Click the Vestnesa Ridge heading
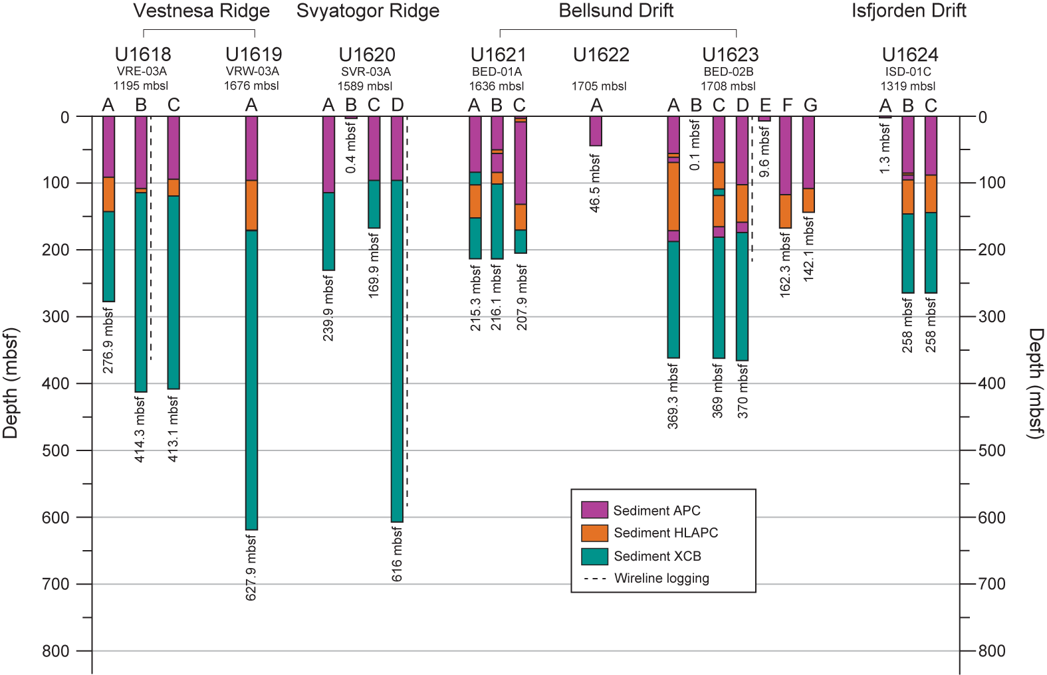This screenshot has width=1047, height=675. click(x=201, y=11)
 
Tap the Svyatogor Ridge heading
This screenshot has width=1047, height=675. click(x=368, y=11)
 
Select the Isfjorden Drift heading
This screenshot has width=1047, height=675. click(x=909, y=11)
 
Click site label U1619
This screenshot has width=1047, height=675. click(x=254, y=54)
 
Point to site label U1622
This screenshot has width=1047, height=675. click(x=601, y=55)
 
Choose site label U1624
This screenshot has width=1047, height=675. click(x=910, y=55)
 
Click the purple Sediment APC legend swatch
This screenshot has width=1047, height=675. click(x=594, y=510)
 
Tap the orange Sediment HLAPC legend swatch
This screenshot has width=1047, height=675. click(x=594, y=533)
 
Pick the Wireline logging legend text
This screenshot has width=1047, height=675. click(x=661, y=579)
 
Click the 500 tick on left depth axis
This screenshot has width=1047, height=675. click(x=56, y=450)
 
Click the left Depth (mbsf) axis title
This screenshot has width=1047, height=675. click(x=10, y=383)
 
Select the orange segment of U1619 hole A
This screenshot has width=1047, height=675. click(x=251, y=205)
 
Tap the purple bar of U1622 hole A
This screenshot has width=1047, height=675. click(x=596, y=131)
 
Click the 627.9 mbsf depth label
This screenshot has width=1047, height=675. click(x=251, y=567)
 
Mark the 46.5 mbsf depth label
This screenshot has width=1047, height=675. click(x=596, y=183)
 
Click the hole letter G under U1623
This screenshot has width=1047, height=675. click(x=810, y=105)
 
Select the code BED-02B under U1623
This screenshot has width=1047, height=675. click(x=729, y=71)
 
